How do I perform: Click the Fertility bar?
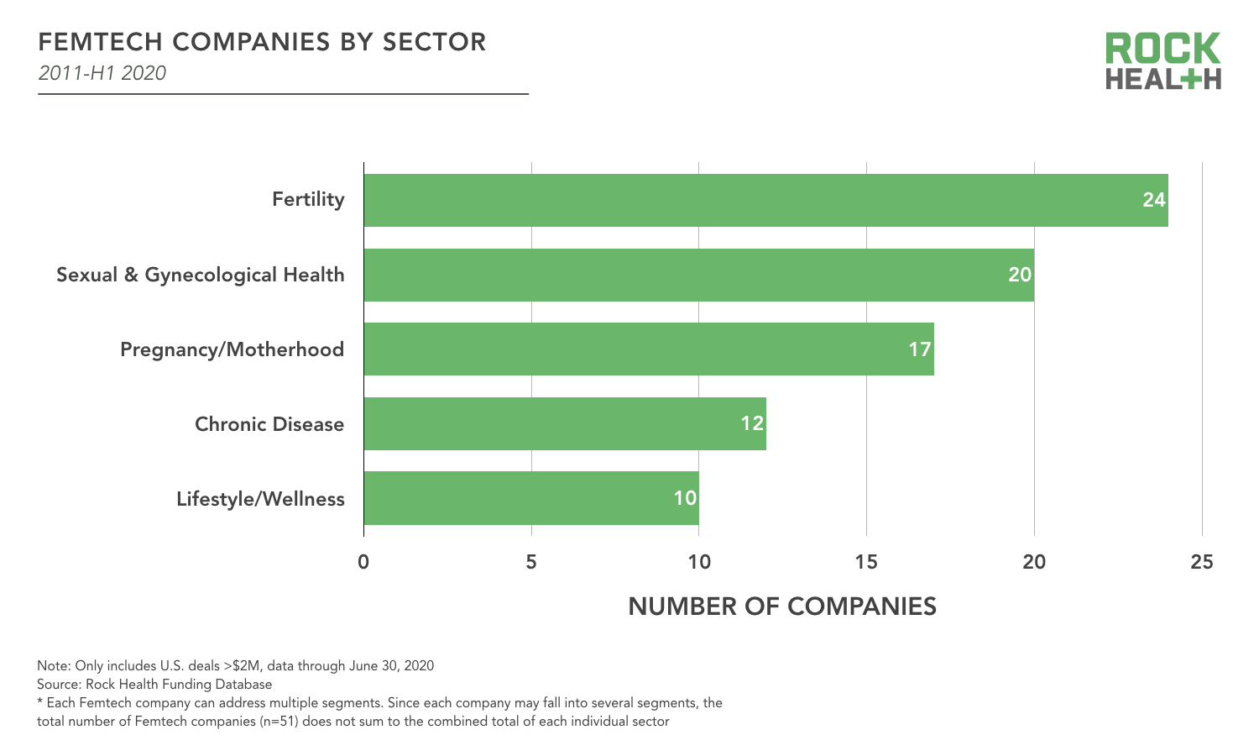765,200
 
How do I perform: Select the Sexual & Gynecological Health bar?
698,275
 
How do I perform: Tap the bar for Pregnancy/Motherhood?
648,349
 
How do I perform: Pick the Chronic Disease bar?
564,424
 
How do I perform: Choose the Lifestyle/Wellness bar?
530,498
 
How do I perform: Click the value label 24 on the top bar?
1154,200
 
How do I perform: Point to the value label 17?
920,349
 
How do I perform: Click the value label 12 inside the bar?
752,424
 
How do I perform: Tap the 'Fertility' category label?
308,200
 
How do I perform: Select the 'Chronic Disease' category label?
269,424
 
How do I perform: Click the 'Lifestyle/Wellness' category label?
260,499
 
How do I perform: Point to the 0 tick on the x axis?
363,562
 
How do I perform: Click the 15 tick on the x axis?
866,562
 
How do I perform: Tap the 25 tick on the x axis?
1202,562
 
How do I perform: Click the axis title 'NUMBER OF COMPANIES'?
782,606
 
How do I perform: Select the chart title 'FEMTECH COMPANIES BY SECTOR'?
262,42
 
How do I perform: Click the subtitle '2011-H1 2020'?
102,73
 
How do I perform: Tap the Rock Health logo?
1162,60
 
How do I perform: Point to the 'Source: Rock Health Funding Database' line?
154,685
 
